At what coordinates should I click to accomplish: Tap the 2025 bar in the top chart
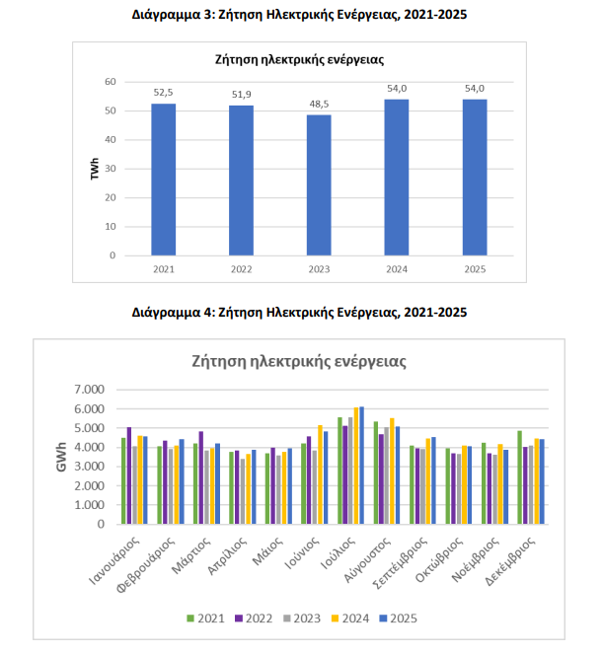tap(475, 178)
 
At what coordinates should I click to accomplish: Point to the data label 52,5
tap(164, 92)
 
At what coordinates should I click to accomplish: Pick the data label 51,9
tap(241, 94)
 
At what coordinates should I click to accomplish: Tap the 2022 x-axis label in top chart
tap(241, 268)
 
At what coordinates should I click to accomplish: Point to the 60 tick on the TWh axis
tap(111, 82)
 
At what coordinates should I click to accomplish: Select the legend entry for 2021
tap(205, 618)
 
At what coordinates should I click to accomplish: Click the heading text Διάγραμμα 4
tap(300, 313)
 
